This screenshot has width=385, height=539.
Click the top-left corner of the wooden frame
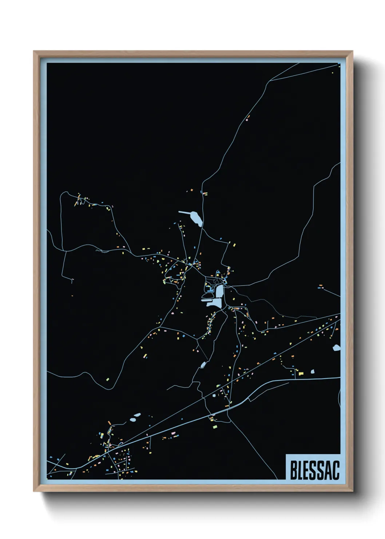coord(34,51)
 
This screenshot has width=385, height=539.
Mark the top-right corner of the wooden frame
coord(352,51)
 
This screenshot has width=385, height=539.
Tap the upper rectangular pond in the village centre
coord(220,291)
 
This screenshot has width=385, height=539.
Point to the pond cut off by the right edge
coord(337,348)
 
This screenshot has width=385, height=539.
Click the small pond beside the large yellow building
coord(312,371)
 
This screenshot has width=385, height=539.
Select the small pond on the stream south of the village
coord(203,364)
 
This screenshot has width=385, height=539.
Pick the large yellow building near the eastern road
coord(301,373)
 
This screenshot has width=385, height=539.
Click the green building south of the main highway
coord(215,426)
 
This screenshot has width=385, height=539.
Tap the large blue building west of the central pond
coord(209,290)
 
